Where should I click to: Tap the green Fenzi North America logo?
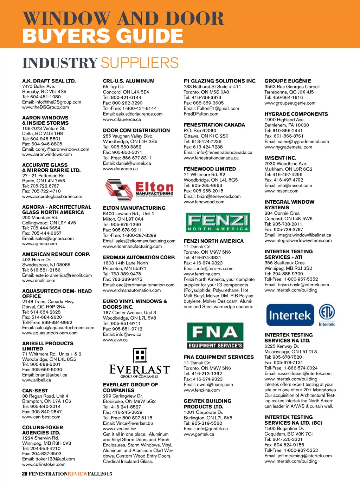218,222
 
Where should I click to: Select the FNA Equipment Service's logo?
215,335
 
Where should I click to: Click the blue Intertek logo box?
290,315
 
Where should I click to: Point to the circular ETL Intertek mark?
327,313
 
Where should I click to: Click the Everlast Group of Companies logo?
140,363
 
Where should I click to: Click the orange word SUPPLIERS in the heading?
140,63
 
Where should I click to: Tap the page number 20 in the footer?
25,474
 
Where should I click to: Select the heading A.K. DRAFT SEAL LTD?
49,81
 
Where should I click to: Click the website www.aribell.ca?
37,380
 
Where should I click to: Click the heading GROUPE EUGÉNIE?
288,81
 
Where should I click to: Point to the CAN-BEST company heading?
35,391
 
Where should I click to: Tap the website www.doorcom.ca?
120,169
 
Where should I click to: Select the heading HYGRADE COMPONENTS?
296,114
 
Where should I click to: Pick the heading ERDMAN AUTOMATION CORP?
139,257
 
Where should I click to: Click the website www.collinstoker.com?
44,464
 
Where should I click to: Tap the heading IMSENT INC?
280,158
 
